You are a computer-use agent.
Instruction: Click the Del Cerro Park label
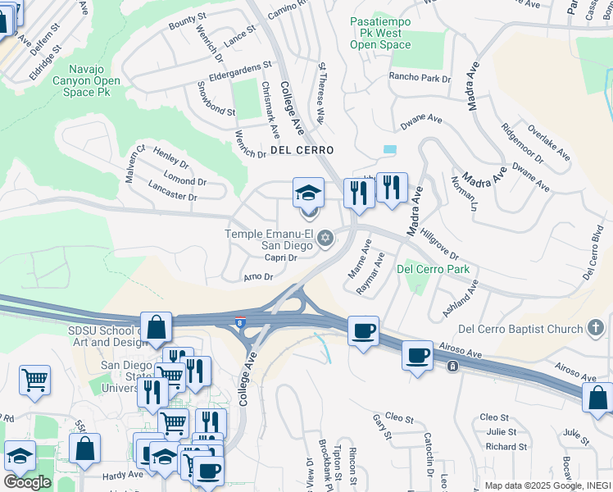tap(433, 269)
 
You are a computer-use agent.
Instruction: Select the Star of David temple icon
tap(325, 239)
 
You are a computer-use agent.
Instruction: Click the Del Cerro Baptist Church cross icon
tap(597, 329)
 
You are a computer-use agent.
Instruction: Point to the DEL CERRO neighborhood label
tap(302, 150)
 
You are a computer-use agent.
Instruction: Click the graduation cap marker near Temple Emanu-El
tap(309, 194)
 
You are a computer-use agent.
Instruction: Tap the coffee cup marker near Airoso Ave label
tap(418, 356)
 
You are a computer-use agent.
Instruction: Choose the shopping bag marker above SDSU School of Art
tap(156, 326)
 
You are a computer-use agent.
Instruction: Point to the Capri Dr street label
tap(280, 257)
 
